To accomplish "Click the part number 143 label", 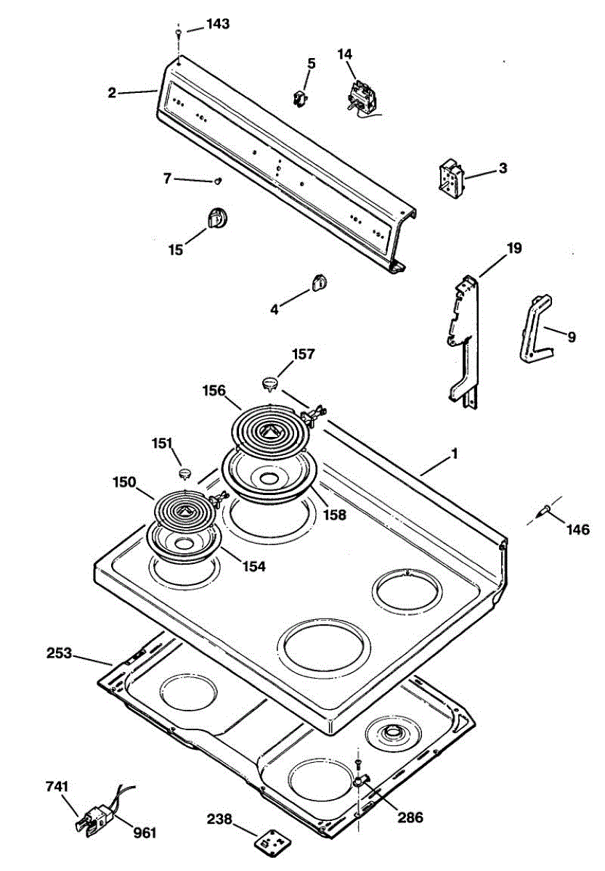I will [x=217, y=24].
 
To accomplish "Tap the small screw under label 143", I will [x=178, y=33].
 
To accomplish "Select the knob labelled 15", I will [x=216, y=216].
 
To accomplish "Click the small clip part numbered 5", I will [x=300, y=99].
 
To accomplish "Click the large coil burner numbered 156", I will [x=269, y=428].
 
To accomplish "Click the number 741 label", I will [x=57, y=787].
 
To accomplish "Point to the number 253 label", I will [x=59, y=653].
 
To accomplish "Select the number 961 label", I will [x=144, y=832].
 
